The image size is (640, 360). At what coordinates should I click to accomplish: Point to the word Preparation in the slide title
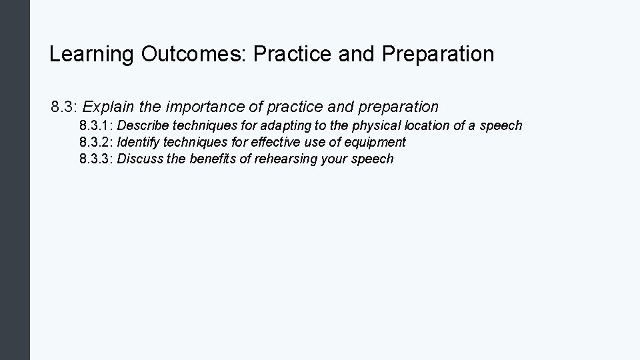tap(439, 54)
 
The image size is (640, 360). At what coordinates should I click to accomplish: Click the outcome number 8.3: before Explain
tap(65, 107)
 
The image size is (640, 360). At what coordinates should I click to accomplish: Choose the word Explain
tap(107, 107)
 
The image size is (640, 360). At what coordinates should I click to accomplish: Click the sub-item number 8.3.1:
tap(96, 125)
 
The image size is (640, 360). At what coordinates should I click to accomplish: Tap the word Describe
tap(143, 125)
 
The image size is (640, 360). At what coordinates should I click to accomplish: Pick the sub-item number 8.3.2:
tap(96, 142)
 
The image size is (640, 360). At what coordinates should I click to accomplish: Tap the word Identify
tap(137, 142)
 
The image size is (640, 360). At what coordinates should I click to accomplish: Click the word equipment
tap(376, 142)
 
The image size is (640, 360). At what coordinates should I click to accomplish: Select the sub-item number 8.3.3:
tap(96, 159)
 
